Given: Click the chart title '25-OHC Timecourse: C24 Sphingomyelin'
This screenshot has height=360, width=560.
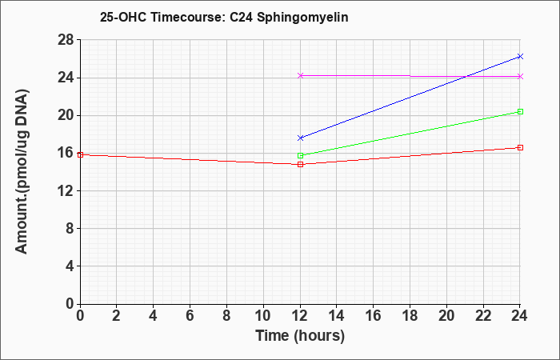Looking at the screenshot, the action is point(224,18).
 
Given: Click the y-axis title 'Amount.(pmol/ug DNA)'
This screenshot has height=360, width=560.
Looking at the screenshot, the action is point(22,171).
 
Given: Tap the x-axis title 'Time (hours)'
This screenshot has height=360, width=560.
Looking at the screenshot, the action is point(300,336).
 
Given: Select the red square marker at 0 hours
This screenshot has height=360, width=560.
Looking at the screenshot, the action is point(80,154).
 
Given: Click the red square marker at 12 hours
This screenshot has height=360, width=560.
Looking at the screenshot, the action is point(300,164).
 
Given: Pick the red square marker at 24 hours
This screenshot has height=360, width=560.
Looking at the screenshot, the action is point(520,147).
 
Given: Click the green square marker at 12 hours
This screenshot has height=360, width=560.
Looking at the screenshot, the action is point(300,155).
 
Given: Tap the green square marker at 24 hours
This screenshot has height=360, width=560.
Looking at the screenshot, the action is point(520,112).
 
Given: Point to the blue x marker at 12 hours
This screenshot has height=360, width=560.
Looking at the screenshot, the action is point(300,138).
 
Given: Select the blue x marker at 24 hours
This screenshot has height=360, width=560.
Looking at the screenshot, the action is point(520,57).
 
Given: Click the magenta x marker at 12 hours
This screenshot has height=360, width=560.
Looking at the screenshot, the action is point(300,75).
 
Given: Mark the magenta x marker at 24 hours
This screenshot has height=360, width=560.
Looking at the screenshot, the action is point(520,77).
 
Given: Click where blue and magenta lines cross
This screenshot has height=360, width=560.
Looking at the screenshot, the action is point(466,76).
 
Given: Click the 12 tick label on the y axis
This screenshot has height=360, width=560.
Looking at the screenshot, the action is point(67,190).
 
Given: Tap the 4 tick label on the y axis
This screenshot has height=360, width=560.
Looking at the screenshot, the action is point(70,266).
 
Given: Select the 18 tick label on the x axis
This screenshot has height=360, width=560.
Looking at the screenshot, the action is point(410,316).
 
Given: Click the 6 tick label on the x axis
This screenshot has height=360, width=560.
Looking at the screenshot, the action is point(190,316).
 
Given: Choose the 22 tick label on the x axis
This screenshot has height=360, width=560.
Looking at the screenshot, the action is point(483,316).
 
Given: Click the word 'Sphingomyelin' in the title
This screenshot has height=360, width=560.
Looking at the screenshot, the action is point(302,18).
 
